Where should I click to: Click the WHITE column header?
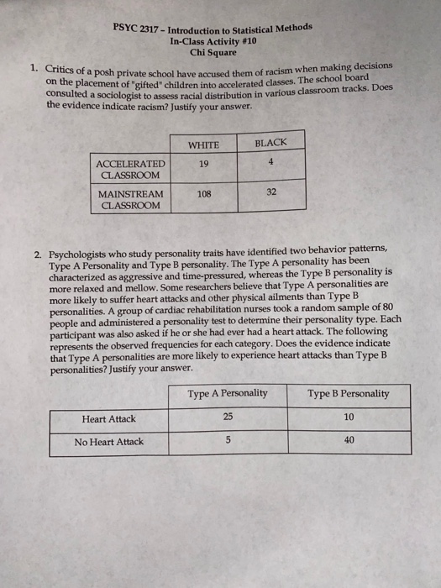(x=204, y=144)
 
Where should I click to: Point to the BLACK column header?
(x=270, y=143)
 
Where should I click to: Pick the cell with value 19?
(x=204, y=165)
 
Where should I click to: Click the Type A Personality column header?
(x=228, y=393)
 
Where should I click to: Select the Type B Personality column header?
(x=348, y=393)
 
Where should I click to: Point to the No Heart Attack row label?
(x=109, y=442)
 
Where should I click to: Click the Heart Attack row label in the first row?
(x=109, y=418)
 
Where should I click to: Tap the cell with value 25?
(x=228, y=417)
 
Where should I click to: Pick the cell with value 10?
(x=349, y=417)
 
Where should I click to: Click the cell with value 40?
(x=349, y=441)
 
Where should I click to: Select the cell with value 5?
(x=228, y=440)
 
